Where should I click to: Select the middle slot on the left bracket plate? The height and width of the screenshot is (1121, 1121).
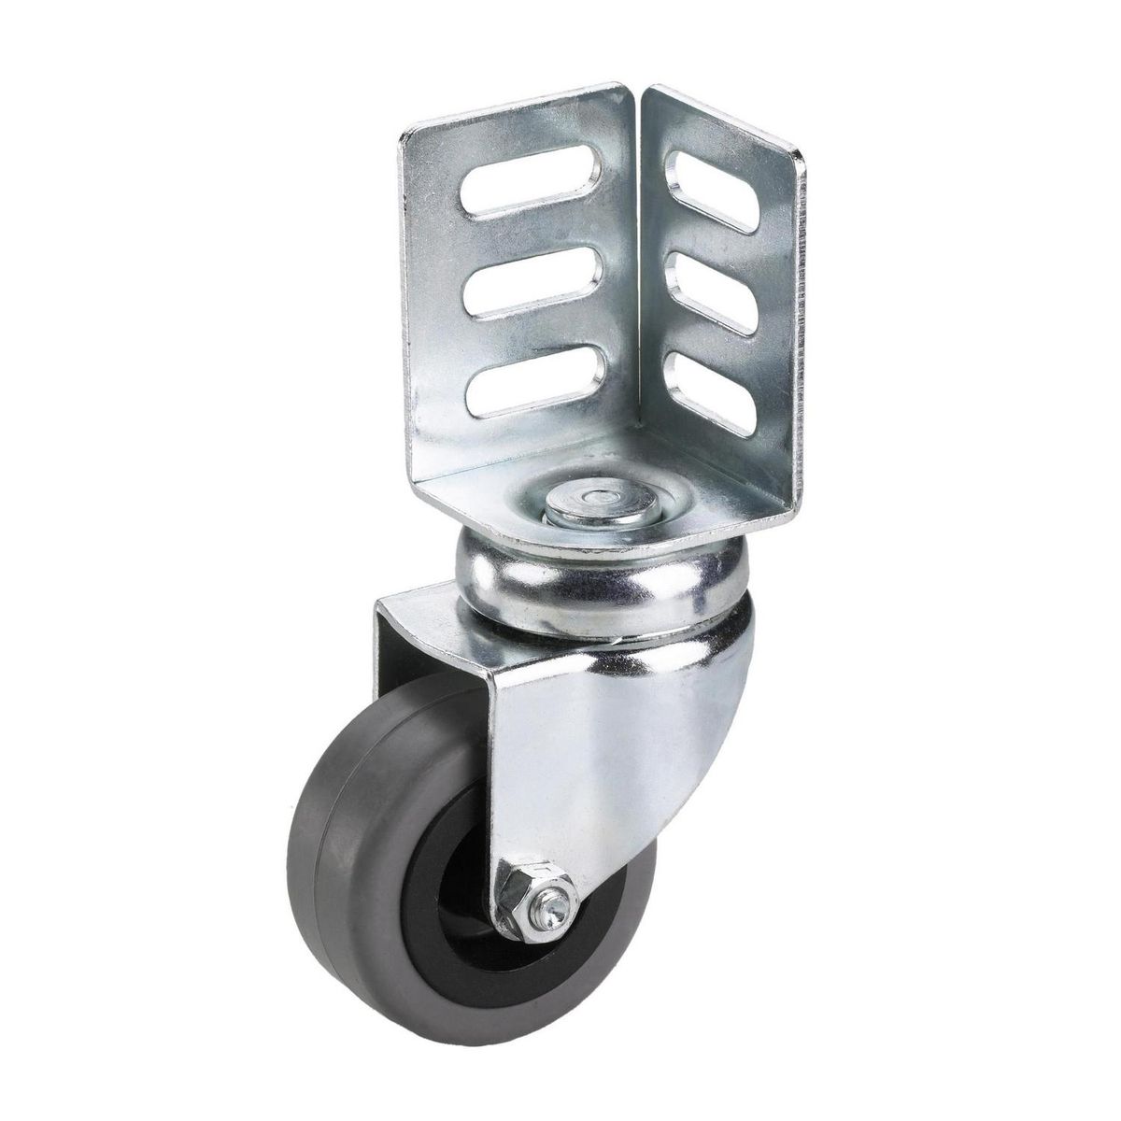522,291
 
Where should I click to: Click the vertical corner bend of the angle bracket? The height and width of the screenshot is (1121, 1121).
643,280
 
